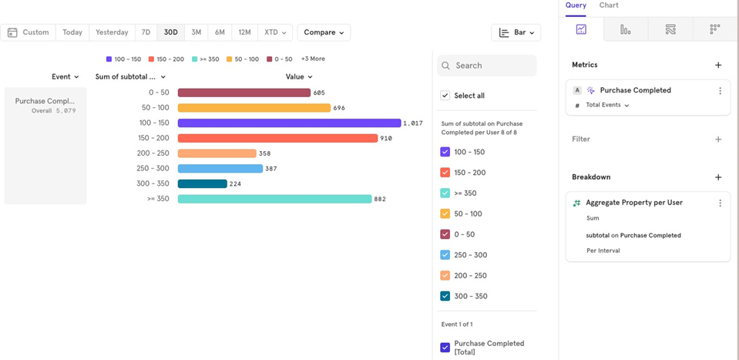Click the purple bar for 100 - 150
point(289,123)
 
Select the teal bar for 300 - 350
point(202,183)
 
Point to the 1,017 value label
point(413,123)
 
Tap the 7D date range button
point(146,32)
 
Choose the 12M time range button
point(244,32)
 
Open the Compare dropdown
point(324,32)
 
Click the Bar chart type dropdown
point(516,32)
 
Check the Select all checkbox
point(445,96)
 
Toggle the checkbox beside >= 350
point(445,193)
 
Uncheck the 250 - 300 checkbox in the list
point(445,255)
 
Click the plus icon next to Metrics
point(718,66)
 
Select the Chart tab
point(609,5)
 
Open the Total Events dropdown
point(607,106)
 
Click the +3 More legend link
point(313,59)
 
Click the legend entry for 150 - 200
point(166,59)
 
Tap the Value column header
point(299,77)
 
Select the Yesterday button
point(112,32)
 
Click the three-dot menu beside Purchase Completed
point(720,91)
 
